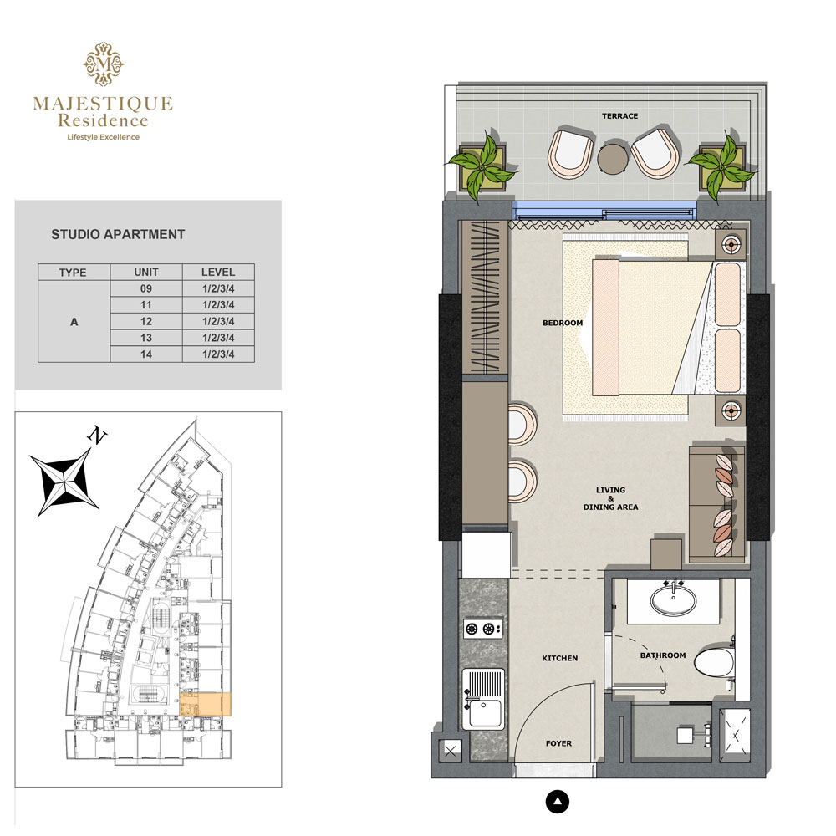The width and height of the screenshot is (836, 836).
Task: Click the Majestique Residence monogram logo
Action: click(103, 64)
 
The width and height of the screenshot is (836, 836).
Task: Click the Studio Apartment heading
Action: click(118, 235)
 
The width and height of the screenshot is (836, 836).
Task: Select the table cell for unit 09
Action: click(146, 288)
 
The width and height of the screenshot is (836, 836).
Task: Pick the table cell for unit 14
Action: click(146, 354)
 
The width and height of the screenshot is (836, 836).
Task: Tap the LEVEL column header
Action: click(218, 273)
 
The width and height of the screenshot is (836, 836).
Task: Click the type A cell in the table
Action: click(74, 321)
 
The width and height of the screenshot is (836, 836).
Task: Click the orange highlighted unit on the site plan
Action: click(206, 704)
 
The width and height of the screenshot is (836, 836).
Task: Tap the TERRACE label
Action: click(619, 116)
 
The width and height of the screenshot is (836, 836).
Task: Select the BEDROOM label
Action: click(562, 323)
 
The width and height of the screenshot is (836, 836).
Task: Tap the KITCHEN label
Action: click(559, 659)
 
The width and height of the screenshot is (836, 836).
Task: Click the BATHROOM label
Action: click(663, 656)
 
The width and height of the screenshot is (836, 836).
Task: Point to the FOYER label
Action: click(558, 743)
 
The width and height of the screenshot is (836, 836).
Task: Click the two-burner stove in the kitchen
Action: click(483, 629)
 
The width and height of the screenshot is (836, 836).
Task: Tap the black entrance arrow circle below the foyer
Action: click(558, 803)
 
